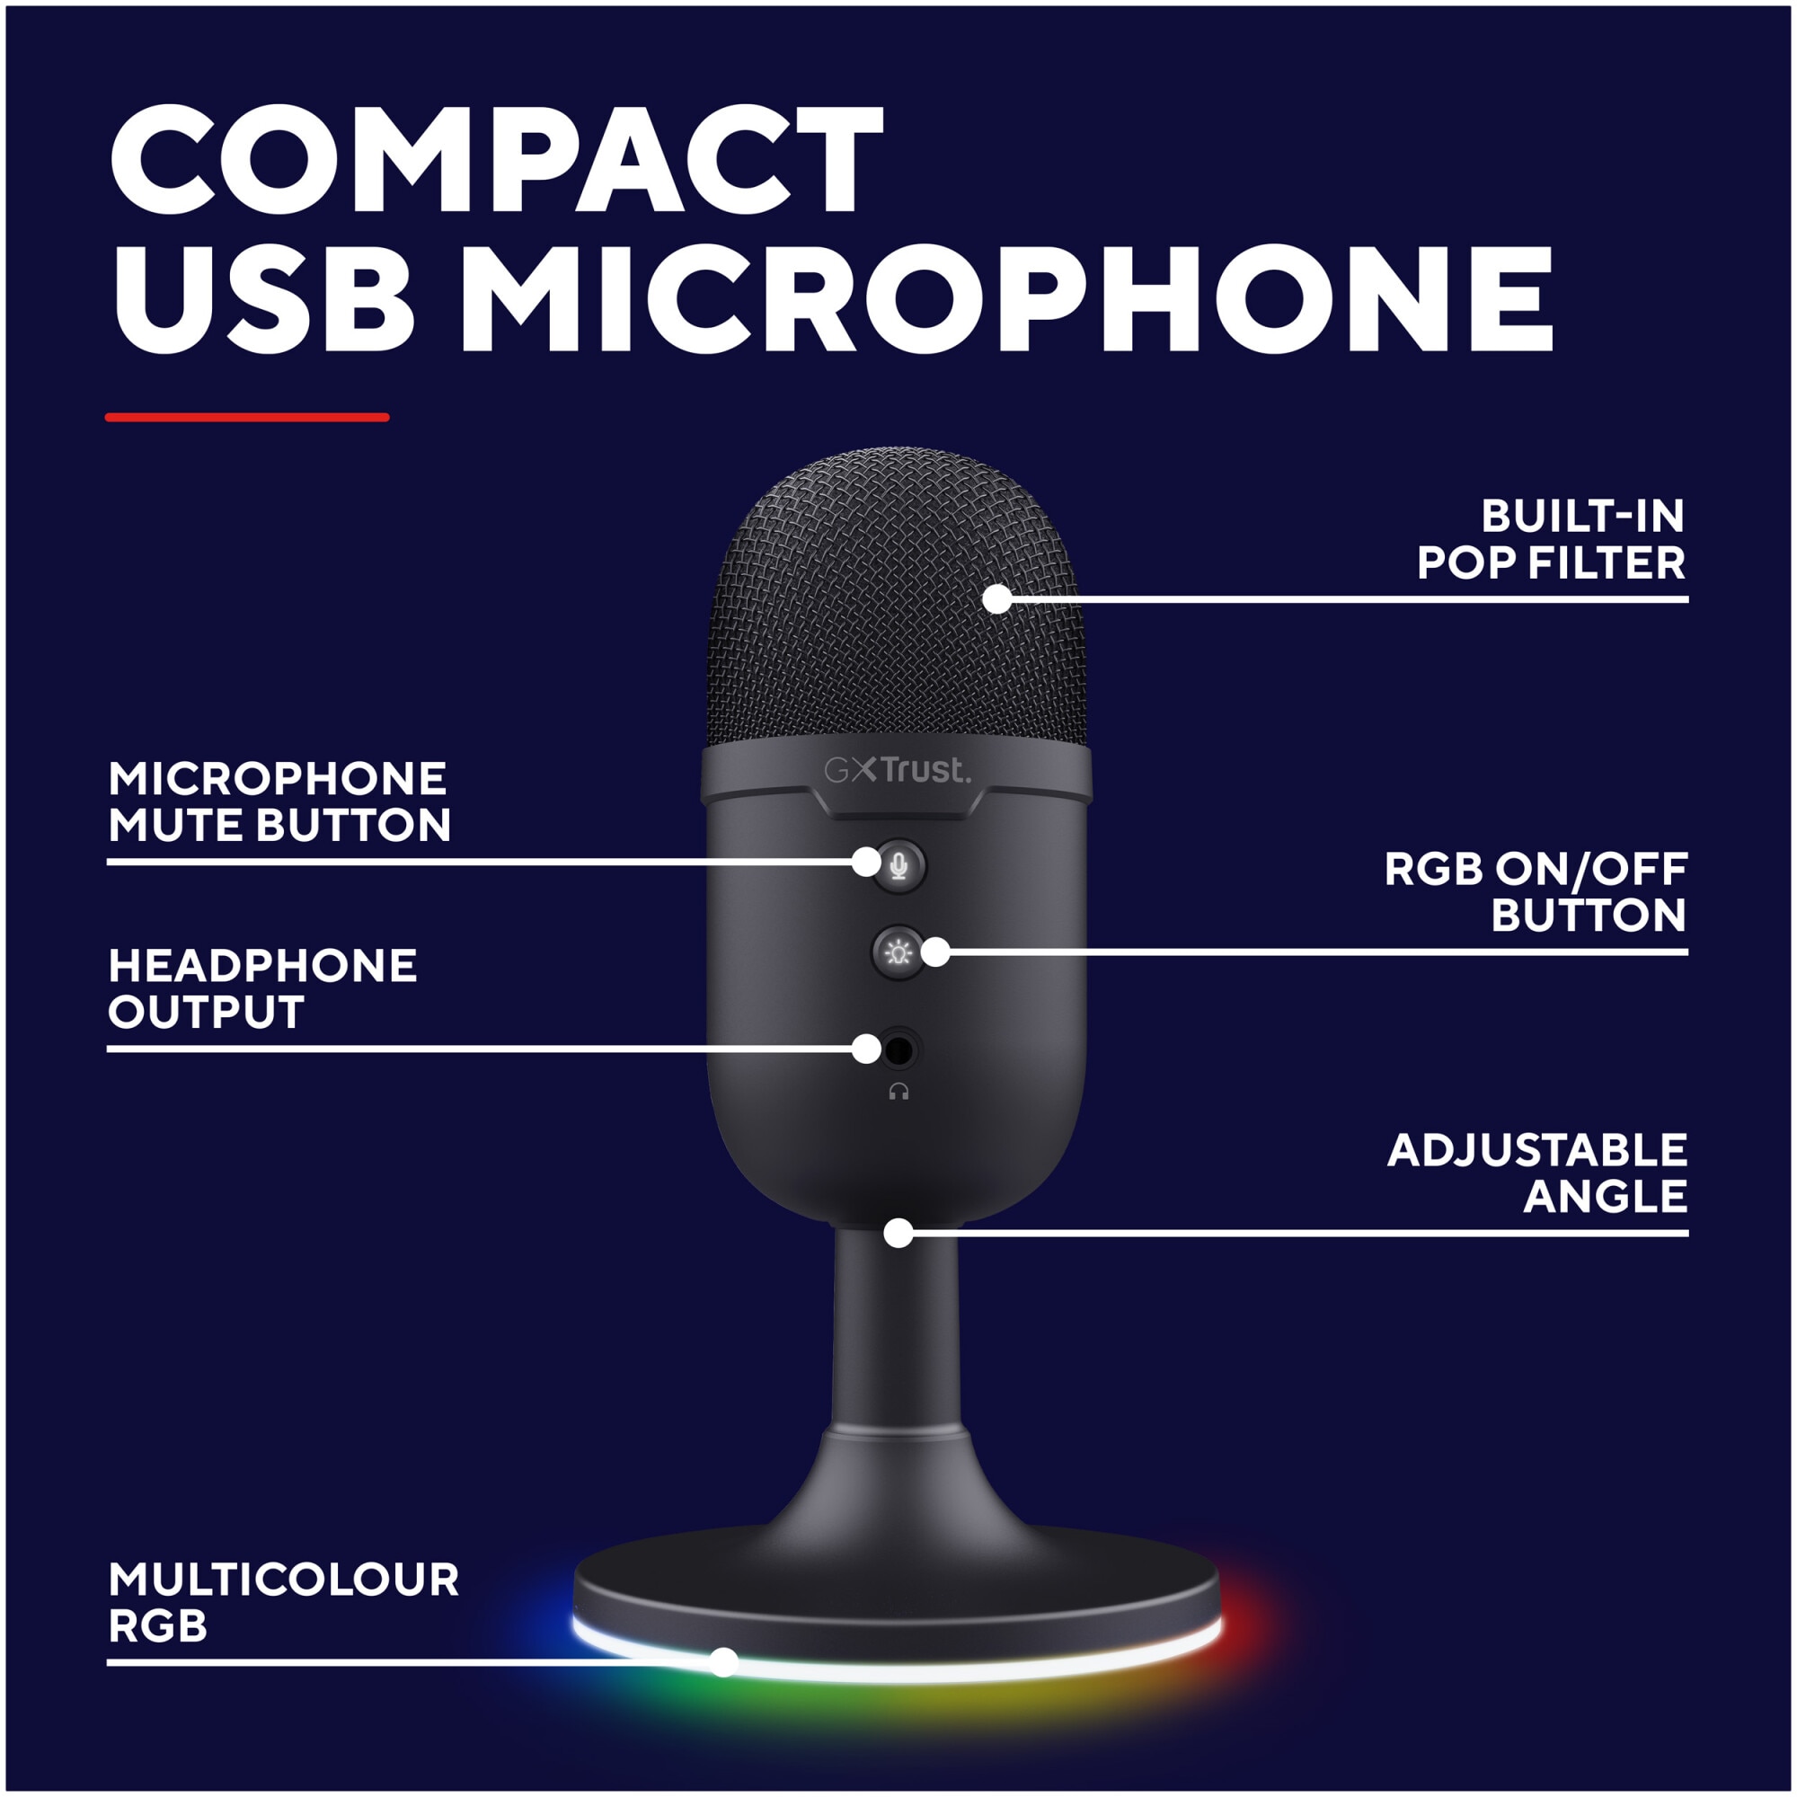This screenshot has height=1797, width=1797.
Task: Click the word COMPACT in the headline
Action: tap(497, 159)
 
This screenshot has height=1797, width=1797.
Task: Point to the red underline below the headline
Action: tap(246, 418)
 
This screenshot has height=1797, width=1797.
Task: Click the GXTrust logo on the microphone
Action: tap(897, 770)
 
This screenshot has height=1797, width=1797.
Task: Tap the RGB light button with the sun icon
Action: tap(898, 952)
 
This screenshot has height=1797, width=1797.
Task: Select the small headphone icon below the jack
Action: tap(898, 1092)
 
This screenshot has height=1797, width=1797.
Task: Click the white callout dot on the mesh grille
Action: tap(997, 599)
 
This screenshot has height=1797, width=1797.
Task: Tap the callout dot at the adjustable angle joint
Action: tap(898, 1234)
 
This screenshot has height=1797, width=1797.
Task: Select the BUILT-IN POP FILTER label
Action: tap(1551, 539)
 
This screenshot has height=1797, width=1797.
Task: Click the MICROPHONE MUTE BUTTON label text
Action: tap(279, 801)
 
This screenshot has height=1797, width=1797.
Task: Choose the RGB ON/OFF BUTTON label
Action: tap(1535, 892)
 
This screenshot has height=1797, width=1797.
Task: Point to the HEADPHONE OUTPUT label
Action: tap(262, 988)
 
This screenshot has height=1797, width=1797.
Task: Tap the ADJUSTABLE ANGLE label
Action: tap(1536, 1173)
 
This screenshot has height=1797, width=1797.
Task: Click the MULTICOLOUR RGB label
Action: tap(284, 1603)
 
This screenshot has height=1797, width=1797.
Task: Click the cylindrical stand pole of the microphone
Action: tap(897, 1330)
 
